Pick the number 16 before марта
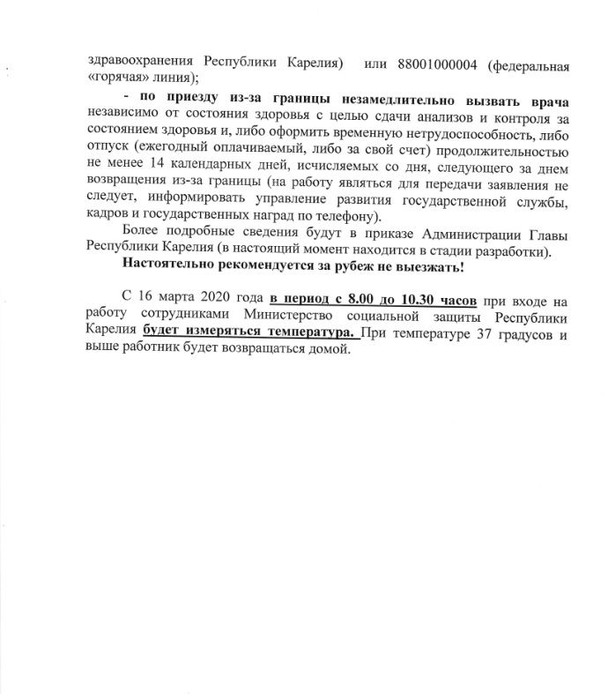tap(147, 300)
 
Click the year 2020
tap(219, 300)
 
